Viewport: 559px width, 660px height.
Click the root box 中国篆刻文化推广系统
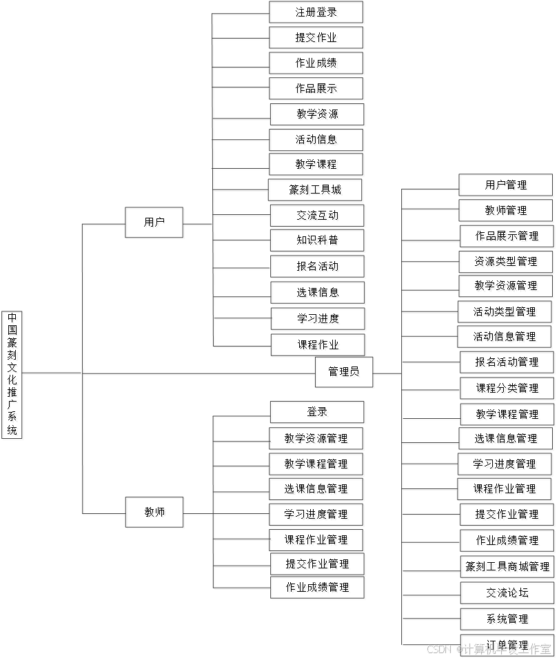click(x=12, y=375)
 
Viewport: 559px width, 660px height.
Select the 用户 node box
click(x=155, y=224)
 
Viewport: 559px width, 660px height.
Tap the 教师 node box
click(x=155, y=513)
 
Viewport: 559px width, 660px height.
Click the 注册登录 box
click(x=317, y=13)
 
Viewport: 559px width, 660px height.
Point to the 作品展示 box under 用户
click(x=317, y=90)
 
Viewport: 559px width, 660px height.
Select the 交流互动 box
click(x=318, y=216)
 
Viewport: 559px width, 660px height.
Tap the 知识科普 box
click(x=318, y=242)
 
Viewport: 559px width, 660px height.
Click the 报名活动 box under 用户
click(x=318, y=267)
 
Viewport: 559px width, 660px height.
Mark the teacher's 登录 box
click(x=318, y=413)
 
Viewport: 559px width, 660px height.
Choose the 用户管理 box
click(x=507, y=186)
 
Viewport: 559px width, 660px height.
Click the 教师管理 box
click(x=507, y=212)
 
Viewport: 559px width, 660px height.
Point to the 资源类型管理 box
click(x=507, y=262)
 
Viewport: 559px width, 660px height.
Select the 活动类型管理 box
click(x=506, y=313)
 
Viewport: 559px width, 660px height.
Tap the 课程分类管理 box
click(x=507, y=389)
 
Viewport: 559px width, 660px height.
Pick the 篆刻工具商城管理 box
click(x=508, y=568)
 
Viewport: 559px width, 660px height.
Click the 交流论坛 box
click(x=508, y=594)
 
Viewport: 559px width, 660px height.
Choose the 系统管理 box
click(x=508, y=620)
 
